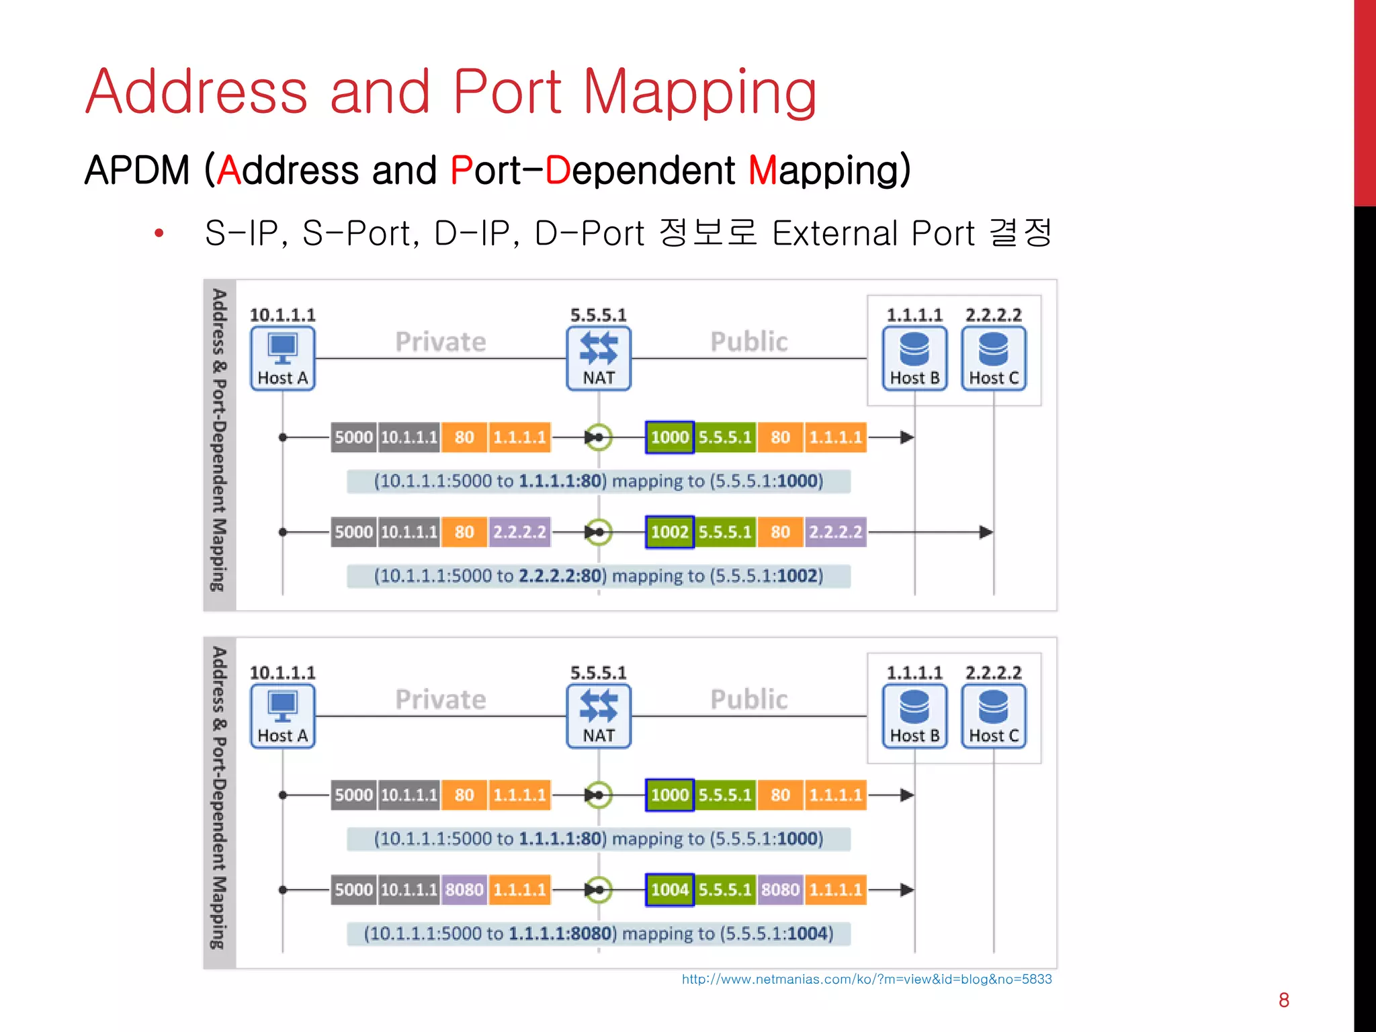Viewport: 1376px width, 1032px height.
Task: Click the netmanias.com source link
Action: coord(866,979)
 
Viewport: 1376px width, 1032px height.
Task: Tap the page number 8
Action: coord(1284,1000)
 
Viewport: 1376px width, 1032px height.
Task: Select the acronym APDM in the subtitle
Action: coord(137,170)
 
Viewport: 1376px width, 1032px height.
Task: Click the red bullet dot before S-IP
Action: coord(159,234)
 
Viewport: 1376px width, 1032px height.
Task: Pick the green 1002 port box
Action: coord(669,532)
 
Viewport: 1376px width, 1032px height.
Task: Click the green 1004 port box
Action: coord(669,890)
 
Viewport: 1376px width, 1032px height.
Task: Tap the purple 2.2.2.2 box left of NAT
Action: coord(519,532)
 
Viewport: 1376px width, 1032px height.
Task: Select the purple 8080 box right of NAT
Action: coord(780,890)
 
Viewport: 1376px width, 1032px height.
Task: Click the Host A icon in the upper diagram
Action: coord(283,358)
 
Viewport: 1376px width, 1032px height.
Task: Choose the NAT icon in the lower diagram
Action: coord(599,716)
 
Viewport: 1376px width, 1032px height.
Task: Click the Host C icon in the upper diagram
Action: coord(994,358)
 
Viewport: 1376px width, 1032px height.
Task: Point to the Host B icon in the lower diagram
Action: coord(914,716)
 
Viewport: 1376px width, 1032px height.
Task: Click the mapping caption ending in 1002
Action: coord(598,576)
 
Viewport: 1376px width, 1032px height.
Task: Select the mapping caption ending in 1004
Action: coord(598,933)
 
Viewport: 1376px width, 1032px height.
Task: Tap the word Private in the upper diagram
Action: coord(440,342)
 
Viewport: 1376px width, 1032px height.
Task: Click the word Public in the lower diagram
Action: coord(749,699)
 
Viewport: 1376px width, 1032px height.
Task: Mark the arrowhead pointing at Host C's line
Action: coord(986,532)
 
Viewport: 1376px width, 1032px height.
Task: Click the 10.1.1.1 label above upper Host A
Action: coord(282,315)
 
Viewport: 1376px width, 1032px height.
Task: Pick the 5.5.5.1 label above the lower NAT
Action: coord(598,673)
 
